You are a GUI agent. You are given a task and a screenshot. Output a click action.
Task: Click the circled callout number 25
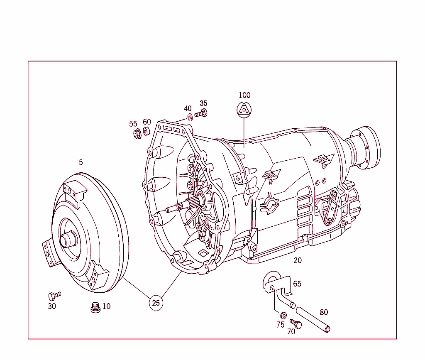pos(156,303)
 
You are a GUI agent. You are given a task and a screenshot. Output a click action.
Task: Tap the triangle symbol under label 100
pos(244,110)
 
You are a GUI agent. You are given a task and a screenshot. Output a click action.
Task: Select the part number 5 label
pos(81,162)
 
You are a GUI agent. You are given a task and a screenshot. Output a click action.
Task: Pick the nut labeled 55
pos(137,134)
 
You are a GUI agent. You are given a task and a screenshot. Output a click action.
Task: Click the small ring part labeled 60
pos(147,132)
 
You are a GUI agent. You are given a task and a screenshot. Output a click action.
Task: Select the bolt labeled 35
pos(201,113)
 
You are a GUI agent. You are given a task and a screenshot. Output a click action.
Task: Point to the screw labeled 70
pos(296,323)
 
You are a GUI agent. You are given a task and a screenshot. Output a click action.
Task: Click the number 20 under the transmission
pos(298,261)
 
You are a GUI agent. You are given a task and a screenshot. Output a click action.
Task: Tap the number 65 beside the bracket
pos(297,284)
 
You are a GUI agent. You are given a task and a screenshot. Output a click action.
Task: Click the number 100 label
pos(244,95)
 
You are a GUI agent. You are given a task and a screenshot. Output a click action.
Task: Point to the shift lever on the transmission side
pos(330,208)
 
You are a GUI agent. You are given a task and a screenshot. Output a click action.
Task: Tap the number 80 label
pos(324,312)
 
